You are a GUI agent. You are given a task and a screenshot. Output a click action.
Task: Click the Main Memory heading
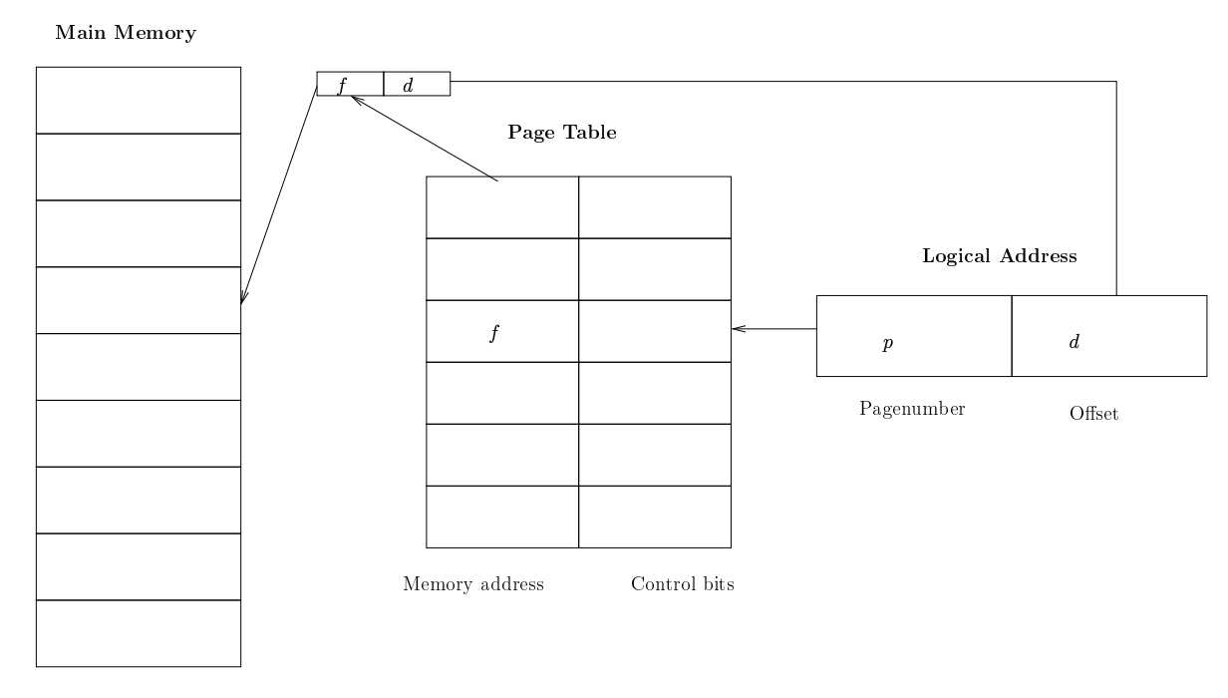126,33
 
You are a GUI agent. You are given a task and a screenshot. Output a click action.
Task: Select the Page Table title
562,133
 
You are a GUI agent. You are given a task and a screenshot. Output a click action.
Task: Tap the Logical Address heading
1000,256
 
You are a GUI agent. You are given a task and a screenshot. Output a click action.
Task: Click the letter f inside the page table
494,333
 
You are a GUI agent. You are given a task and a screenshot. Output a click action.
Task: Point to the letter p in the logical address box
888,343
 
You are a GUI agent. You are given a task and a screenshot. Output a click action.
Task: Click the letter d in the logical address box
1074,342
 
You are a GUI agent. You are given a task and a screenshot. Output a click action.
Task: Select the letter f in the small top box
343,86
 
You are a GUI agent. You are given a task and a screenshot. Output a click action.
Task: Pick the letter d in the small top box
408,86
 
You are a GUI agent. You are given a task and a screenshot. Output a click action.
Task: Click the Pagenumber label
912,409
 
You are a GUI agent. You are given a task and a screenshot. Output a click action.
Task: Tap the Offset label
1093,414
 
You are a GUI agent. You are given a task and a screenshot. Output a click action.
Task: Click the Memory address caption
473,584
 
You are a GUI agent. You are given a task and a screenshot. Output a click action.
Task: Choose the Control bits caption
683,584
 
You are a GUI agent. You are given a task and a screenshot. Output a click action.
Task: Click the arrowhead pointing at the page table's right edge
738,329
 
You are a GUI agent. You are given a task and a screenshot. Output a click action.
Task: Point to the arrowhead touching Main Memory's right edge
243,297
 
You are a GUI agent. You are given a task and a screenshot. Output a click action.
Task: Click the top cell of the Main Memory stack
139,101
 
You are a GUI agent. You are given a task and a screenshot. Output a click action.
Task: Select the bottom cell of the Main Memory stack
139,633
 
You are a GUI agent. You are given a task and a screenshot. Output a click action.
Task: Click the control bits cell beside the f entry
655,331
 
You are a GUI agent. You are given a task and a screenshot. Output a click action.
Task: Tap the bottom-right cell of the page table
655,517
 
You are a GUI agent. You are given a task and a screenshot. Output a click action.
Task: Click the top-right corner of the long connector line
1116,82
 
